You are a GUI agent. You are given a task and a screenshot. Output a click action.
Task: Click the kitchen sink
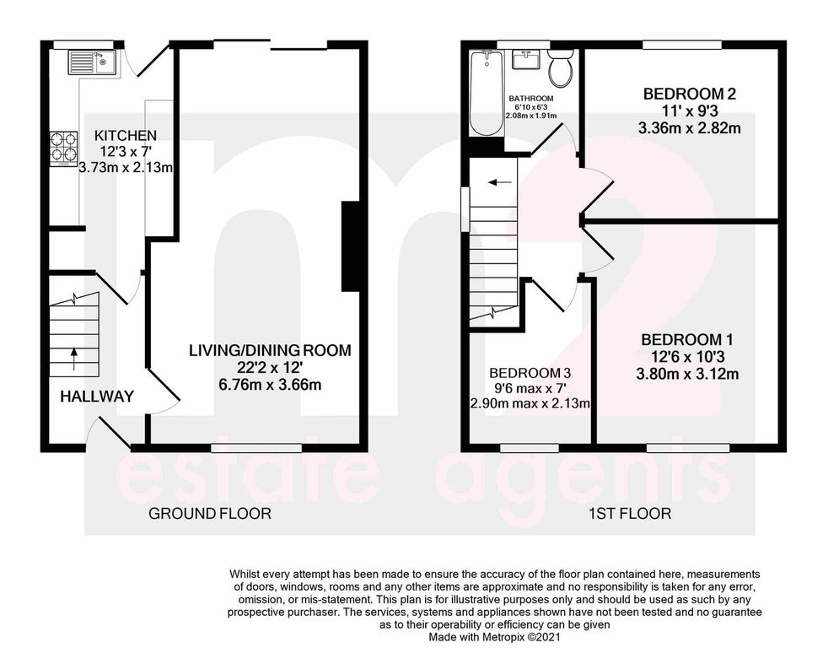90,62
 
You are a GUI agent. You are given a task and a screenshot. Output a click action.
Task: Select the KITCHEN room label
125,136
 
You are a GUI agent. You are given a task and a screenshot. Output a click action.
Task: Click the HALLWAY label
97,397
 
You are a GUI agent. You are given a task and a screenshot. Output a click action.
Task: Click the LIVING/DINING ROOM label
269,350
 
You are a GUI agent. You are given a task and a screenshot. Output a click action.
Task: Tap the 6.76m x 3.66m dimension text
269,385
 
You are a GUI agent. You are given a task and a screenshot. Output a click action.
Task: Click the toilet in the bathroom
560,68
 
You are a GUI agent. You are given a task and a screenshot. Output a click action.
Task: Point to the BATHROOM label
530,98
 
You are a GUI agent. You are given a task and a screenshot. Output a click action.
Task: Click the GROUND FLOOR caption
210,513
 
